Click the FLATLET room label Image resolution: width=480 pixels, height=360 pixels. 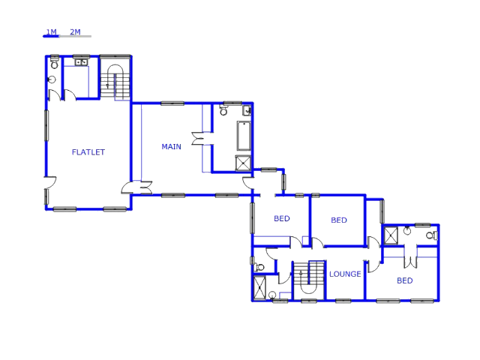click(x=88, y=152)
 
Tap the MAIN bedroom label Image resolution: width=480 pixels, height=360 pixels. click(x=171, y=147)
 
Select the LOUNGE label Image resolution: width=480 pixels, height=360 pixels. click(x=345, y=274)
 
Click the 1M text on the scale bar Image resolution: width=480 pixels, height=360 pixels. click(x=51, y=32)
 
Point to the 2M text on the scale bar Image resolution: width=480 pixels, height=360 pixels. click(x=75, y=32)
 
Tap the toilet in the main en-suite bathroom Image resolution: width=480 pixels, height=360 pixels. click(x=223, y=111)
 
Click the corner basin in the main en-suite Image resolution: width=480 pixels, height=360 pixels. click(x=247, y=110)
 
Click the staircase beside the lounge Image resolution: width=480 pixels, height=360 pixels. click(x=308, y=280)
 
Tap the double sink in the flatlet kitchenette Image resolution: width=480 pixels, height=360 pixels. click(x=81, y=62)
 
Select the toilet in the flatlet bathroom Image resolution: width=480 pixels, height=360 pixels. click(x=52, y=79)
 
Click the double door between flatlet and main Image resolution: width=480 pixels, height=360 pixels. click(x=137, y=187)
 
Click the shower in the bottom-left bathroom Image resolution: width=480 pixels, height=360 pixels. click(x=260, y=287)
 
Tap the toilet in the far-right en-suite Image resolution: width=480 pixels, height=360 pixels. click(x=430, y=235)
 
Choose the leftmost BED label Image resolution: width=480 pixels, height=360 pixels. click(x=281, y=219)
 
